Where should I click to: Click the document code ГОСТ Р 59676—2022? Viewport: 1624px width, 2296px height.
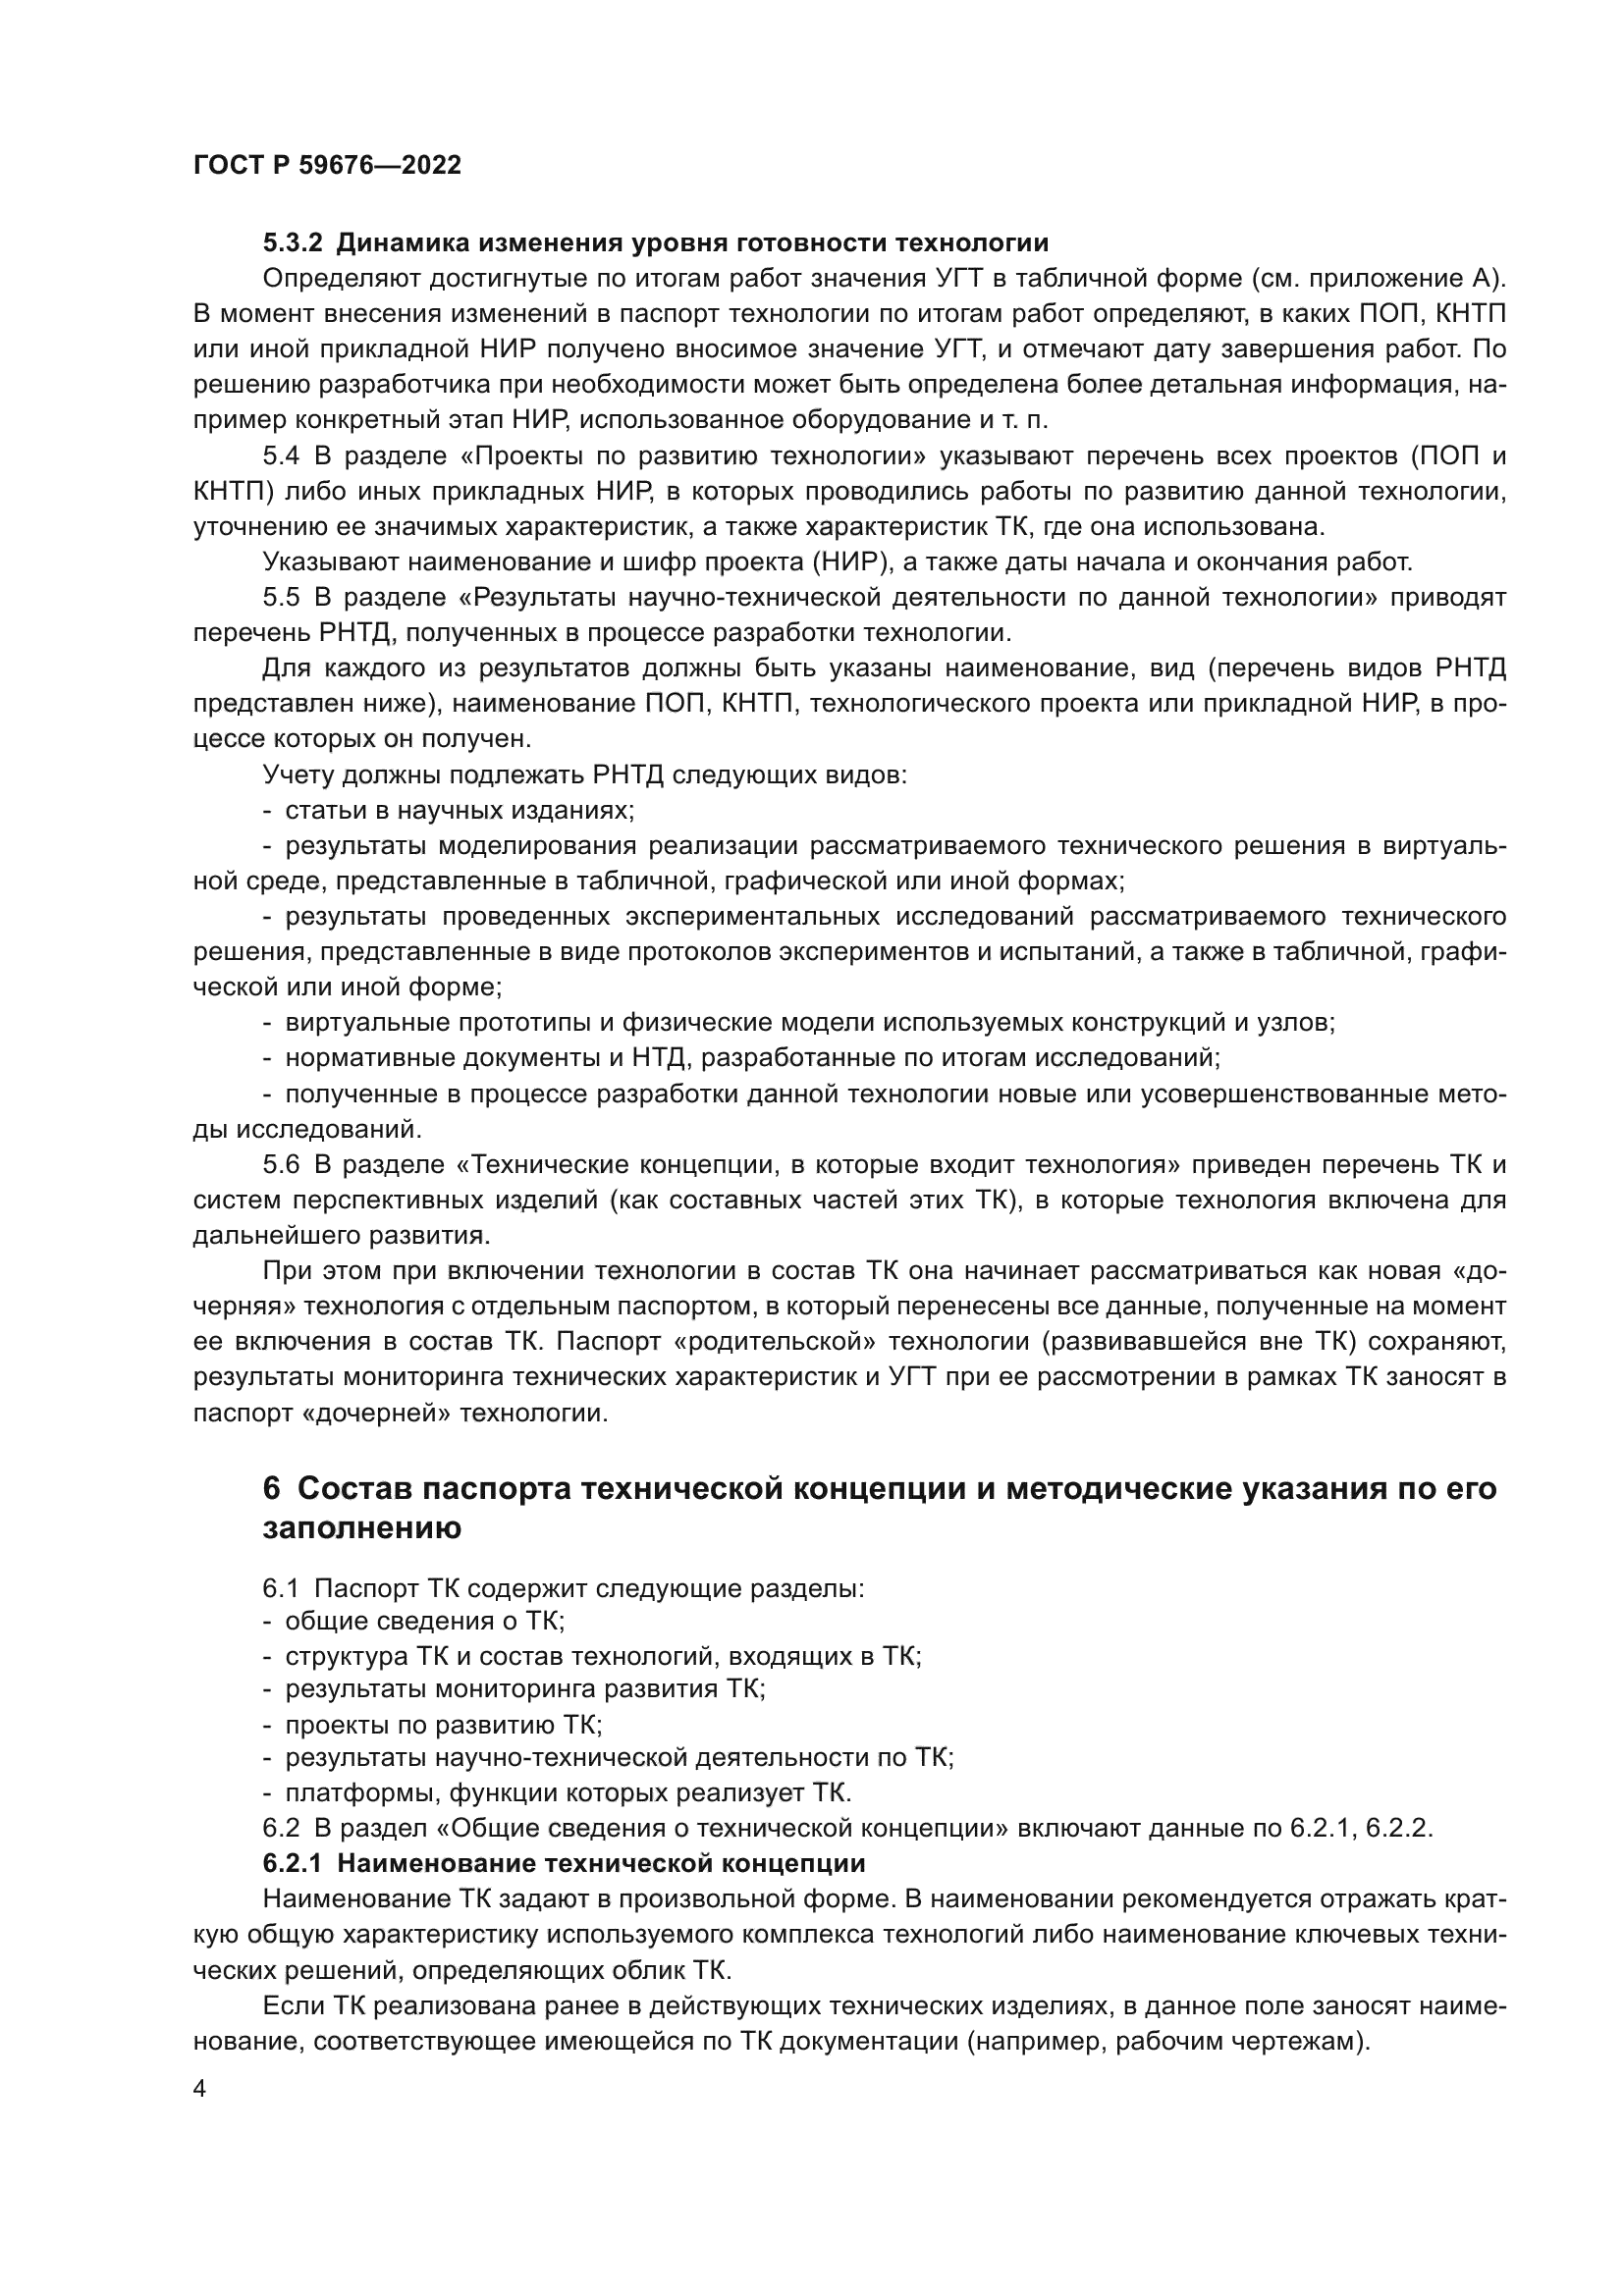327,166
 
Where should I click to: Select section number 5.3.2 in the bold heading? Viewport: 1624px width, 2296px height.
293,243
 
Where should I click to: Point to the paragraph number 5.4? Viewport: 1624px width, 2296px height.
281,457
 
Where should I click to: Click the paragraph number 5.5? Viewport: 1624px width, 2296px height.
281,598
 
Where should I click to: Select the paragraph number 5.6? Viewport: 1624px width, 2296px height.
281,1165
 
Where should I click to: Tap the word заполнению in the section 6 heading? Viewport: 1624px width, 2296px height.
362,1530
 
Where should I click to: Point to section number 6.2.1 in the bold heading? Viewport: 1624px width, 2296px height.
293,1864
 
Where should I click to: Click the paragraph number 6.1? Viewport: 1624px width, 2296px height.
281,1588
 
